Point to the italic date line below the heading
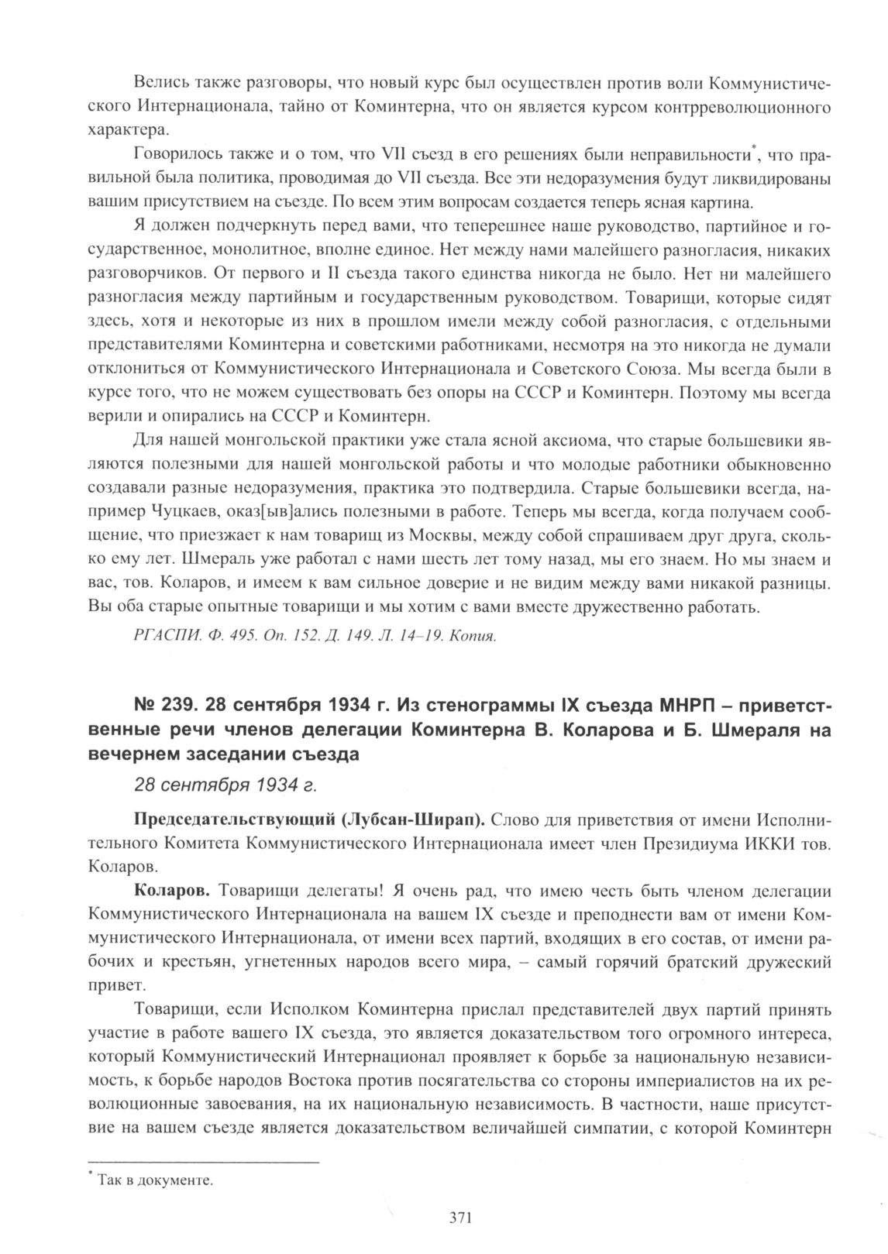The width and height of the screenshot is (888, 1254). [x=225, y=785]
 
